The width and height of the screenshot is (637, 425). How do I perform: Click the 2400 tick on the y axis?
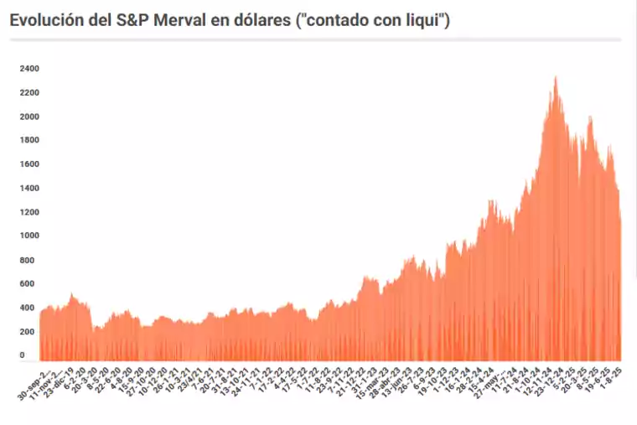click(29, 69)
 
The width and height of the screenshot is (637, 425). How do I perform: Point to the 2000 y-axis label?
click(29, 117)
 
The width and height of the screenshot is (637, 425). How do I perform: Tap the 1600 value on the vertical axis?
click(29, 164)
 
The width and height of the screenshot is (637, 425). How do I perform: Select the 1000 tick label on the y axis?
click(29, 236)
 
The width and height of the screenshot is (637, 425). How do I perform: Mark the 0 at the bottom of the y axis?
click(23, 355)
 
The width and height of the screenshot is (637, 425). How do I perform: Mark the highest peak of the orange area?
click(556, 78)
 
